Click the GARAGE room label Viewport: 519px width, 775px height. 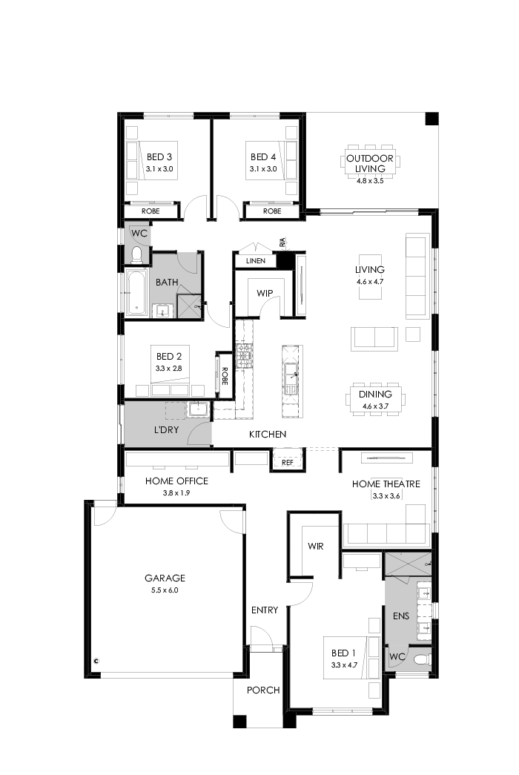click(x=165, y=578)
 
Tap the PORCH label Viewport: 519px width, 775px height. click(x=263, y=690)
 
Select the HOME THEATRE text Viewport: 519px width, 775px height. click(x=386, y=484)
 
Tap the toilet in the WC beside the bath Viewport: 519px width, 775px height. click(x=136, y=255)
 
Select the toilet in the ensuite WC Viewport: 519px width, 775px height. click(x=420, y=658)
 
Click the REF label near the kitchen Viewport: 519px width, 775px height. click(x=288, y=462)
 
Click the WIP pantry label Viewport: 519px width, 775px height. click(x=265, y=293)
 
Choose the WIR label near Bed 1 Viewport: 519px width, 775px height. click(x=315, y=546)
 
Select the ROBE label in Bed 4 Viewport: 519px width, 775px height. click(x=272, y=211)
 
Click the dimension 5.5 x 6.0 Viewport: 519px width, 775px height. click(x=165, y=590)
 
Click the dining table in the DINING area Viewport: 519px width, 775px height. click(x=376, y=400)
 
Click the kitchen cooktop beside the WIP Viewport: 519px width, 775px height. click(x=245, y=355)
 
